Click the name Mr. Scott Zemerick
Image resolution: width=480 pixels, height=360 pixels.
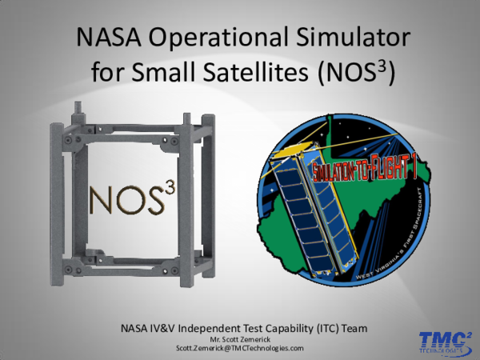coord(240,340)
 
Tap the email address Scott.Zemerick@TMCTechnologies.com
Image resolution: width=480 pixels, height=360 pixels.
coord(240,349)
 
